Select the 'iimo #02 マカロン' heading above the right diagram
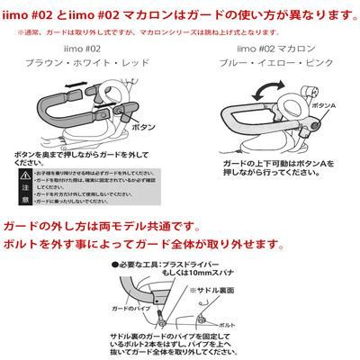(271, 52)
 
